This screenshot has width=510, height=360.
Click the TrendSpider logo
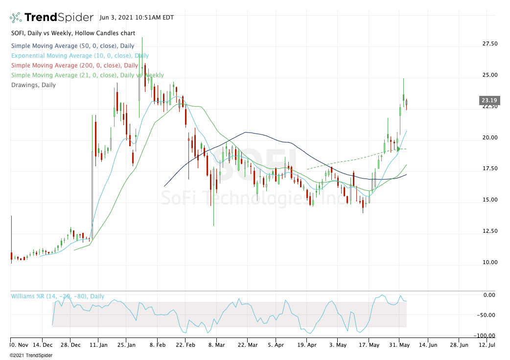[51, 18]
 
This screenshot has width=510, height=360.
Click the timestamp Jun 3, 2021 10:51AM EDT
[137, 17]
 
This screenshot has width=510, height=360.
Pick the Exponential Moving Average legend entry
[80, 56]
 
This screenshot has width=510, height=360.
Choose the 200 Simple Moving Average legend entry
[74, 66]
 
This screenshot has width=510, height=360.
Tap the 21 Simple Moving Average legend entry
[87, 75]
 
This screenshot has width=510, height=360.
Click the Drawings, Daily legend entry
[33, 85]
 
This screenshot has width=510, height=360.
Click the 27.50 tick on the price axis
[490, 44]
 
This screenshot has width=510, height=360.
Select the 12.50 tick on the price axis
[490, 231]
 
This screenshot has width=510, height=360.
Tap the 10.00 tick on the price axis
[490, 262]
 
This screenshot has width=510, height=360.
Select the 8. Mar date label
[216, 345]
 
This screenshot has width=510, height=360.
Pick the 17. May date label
[369, 345]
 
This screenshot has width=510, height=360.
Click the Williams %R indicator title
[58, 296]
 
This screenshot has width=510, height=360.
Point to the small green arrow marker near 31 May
[398, 149]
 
